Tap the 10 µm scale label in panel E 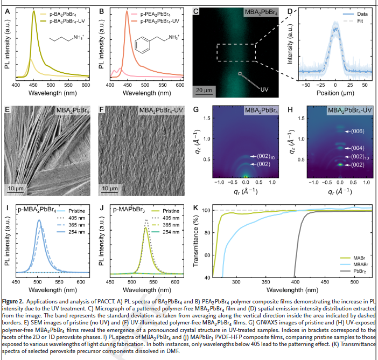17,189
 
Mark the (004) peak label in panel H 358,148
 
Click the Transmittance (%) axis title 197,241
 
